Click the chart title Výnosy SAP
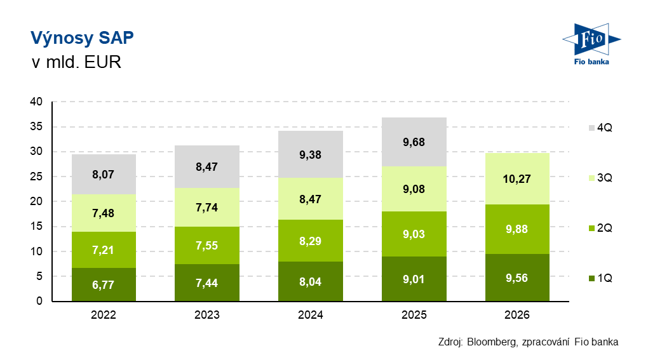click(x=82, y=38)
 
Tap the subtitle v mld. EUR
click(x=76, y=62)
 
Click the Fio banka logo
click(x=591, y=44)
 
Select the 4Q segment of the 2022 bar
click(x=104, y=174)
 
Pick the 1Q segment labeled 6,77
click(x=104, y=284)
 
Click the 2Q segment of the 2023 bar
click(x=207, y=245)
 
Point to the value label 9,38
click(x=311, y=155)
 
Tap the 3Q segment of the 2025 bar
click(x=414, y=189)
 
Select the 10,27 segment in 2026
click(x=517, y=179)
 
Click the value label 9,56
click(x=517, y=278)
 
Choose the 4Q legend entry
click(x=600, y=128)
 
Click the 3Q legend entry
click(x=600, y=178)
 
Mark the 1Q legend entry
click(x=600, y=278)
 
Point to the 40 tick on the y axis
click(x=36, y=102)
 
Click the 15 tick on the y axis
click(x=36, y=226)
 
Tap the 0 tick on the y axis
click(x=39, y=301)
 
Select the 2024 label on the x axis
click(x=311, y=315)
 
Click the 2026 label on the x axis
click(x=517, y=315)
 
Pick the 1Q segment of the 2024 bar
click(x=311, y=281)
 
